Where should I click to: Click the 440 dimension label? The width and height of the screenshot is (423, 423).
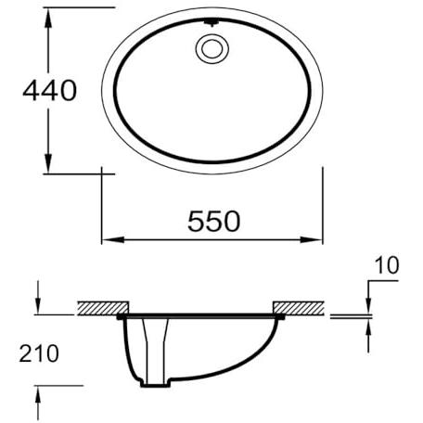click(49, 90)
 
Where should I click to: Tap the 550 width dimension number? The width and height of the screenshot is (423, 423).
click(213, 221)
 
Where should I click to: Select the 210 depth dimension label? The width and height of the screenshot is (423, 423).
click(39, 353)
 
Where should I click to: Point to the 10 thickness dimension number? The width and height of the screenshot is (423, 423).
click(387, 265)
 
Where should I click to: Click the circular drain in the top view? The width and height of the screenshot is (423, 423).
click(212, 49)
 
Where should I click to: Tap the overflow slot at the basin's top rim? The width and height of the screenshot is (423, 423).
click(211, 22)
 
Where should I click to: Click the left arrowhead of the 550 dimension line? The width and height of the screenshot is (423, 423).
click(113, 239)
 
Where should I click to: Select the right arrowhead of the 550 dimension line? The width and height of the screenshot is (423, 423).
click(312, 239)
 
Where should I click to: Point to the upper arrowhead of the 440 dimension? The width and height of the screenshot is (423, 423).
click(47, 19)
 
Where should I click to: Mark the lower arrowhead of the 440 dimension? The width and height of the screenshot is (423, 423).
click(47, 162)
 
